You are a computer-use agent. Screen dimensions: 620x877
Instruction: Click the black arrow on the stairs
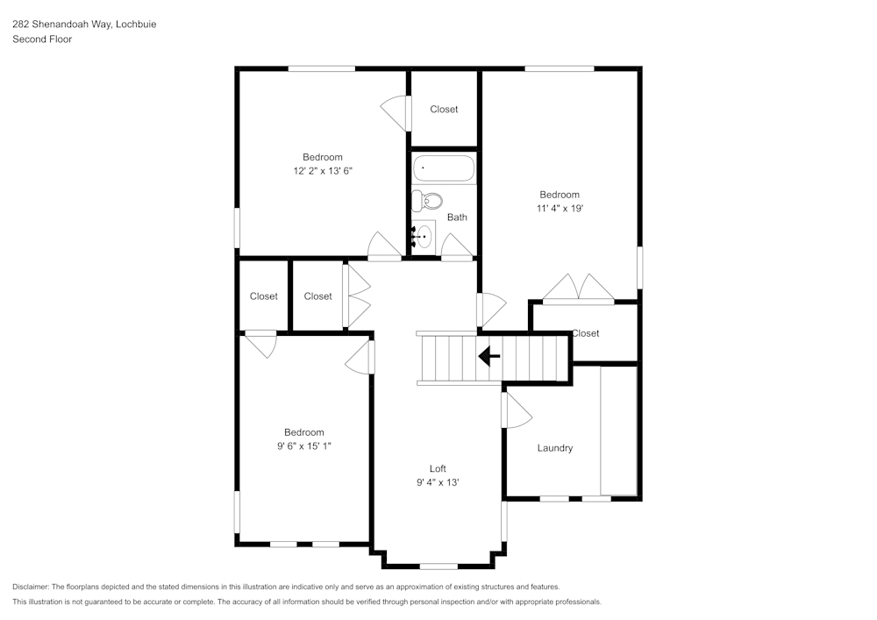[x=488, y=357]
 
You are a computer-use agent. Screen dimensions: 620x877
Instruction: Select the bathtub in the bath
[x=445, y=168]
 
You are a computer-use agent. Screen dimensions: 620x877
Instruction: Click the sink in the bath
[x=424, y=236]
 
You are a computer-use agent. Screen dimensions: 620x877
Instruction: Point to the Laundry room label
[x=554, y=448]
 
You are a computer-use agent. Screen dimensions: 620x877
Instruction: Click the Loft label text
[x=438, y=468]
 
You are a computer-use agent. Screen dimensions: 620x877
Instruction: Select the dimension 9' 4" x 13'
[x=438, y=482]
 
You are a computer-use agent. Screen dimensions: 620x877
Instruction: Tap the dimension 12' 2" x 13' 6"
[x=323, y=171]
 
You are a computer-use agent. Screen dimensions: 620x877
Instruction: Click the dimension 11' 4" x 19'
[x=560, y=209]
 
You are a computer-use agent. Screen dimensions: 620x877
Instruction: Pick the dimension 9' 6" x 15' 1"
[x=304, y=446]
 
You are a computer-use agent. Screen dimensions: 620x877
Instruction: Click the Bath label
[x=457, y=217]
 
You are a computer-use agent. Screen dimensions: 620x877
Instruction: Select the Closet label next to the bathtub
[x=444, y=110]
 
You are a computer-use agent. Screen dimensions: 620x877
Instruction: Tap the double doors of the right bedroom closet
[x=578, y=289]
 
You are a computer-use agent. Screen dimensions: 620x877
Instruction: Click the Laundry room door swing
[x=516, y=410]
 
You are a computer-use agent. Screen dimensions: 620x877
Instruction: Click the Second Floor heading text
[x=42, y=39]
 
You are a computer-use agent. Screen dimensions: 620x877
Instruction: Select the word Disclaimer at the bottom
[x=31, y=587]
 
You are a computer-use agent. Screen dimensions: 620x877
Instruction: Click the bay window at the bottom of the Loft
[x=438, y=566]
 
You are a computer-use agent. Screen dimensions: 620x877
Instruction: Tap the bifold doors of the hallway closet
[x=357, y=296]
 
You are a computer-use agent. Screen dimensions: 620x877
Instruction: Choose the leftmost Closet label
[x=263, y=296]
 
